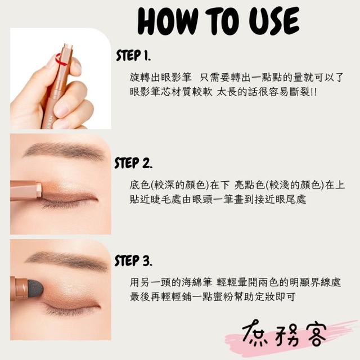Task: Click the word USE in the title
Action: (274, 21)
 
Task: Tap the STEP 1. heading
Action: (133, 55)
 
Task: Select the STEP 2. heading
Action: (133, 163)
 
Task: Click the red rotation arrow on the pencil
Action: (61, 60)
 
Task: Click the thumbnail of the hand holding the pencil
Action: (61, 79)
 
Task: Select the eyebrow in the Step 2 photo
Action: (64, 151)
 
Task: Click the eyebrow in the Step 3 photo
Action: (66, 260)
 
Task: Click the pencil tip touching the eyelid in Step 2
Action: (39, 190)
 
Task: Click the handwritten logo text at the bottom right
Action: (284, 334)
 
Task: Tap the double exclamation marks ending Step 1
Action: (313, 92)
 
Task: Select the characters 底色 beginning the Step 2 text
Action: (139, 185)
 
